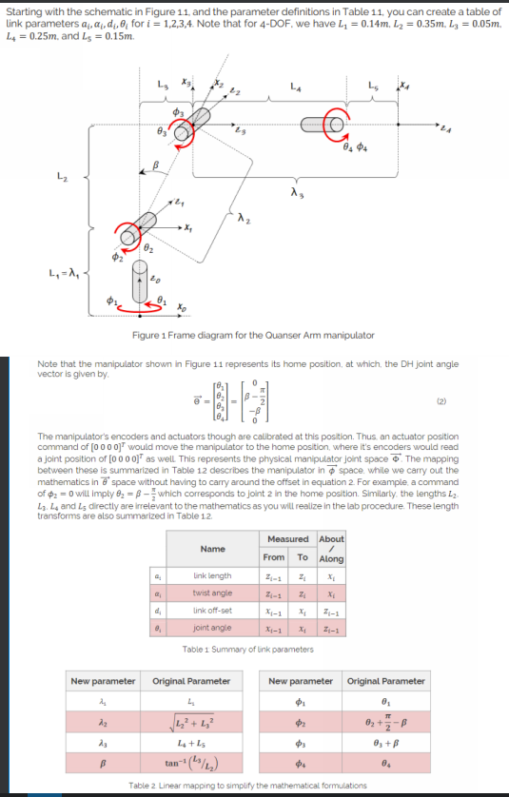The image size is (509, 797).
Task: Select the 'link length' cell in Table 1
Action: coord(212,575)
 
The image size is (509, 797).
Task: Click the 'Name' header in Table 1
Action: coord(211,549)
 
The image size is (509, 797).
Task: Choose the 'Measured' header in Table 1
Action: coord(287,538)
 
